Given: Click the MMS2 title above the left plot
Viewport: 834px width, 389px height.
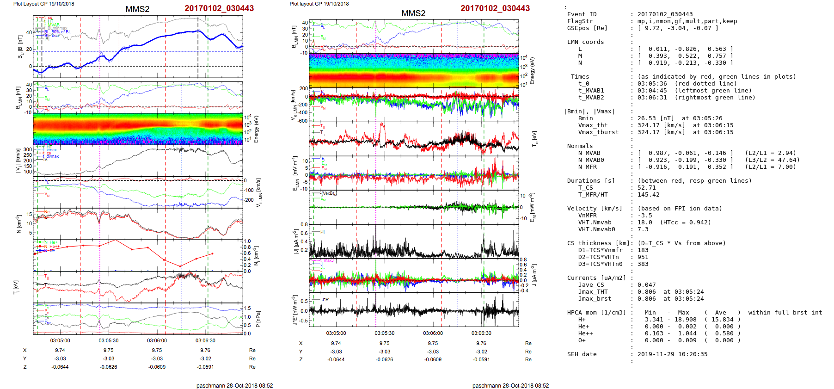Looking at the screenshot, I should click(137, 9).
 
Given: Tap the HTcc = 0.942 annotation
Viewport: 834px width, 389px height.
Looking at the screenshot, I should click(685, 222).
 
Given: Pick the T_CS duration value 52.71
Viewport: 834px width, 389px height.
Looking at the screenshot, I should click(646, 188).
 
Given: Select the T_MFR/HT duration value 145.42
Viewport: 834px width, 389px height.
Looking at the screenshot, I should click(648, 195).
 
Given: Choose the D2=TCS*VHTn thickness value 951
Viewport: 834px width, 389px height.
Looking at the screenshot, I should click(643, 257).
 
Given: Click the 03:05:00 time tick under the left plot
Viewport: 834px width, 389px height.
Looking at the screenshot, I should click(60, 340).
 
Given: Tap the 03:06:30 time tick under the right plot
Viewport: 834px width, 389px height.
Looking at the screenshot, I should click(481, 333).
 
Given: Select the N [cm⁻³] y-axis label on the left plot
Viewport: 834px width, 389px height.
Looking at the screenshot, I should click(19, 224).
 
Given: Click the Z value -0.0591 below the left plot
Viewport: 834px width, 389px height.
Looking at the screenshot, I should click(205, 367).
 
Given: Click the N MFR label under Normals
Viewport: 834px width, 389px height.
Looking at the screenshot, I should click(587, 167).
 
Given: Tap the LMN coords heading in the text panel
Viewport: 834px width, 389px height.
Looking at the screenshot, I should click(585, 42).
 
